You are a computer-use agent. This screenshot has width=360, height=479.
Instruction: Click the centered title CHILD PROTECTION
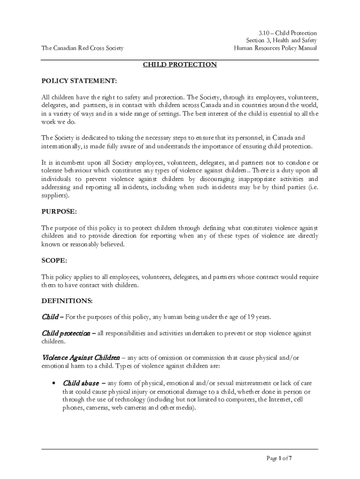180,65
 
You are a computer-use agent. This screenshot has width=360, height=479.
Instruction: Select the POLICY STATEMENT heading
79,81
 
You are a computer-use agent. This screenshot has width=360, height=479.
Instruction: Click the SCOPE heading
54,260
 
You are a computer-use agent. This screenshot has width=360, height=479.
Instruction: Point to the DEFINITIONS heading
67,300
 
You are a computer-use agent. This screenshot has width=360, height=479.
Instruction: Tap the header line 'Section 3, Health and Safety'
281,41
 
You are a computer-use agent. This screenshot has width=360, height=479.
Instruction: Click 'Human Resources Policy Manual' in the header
275,48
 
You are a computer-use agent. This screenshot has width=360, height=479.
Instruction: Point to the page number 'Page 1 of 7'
279,458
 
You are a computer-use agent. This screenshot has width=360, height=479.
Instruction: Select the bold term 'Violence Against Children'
80,358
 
